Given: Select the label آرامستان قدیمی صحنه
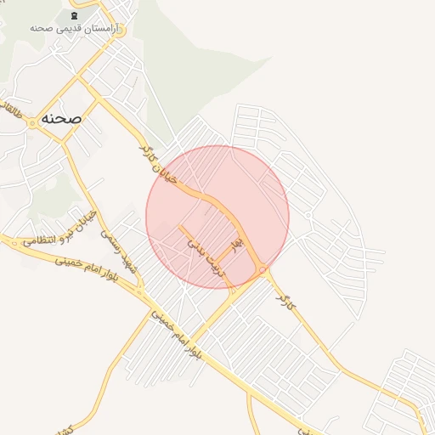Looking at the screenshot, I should (x=76, y=29).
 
